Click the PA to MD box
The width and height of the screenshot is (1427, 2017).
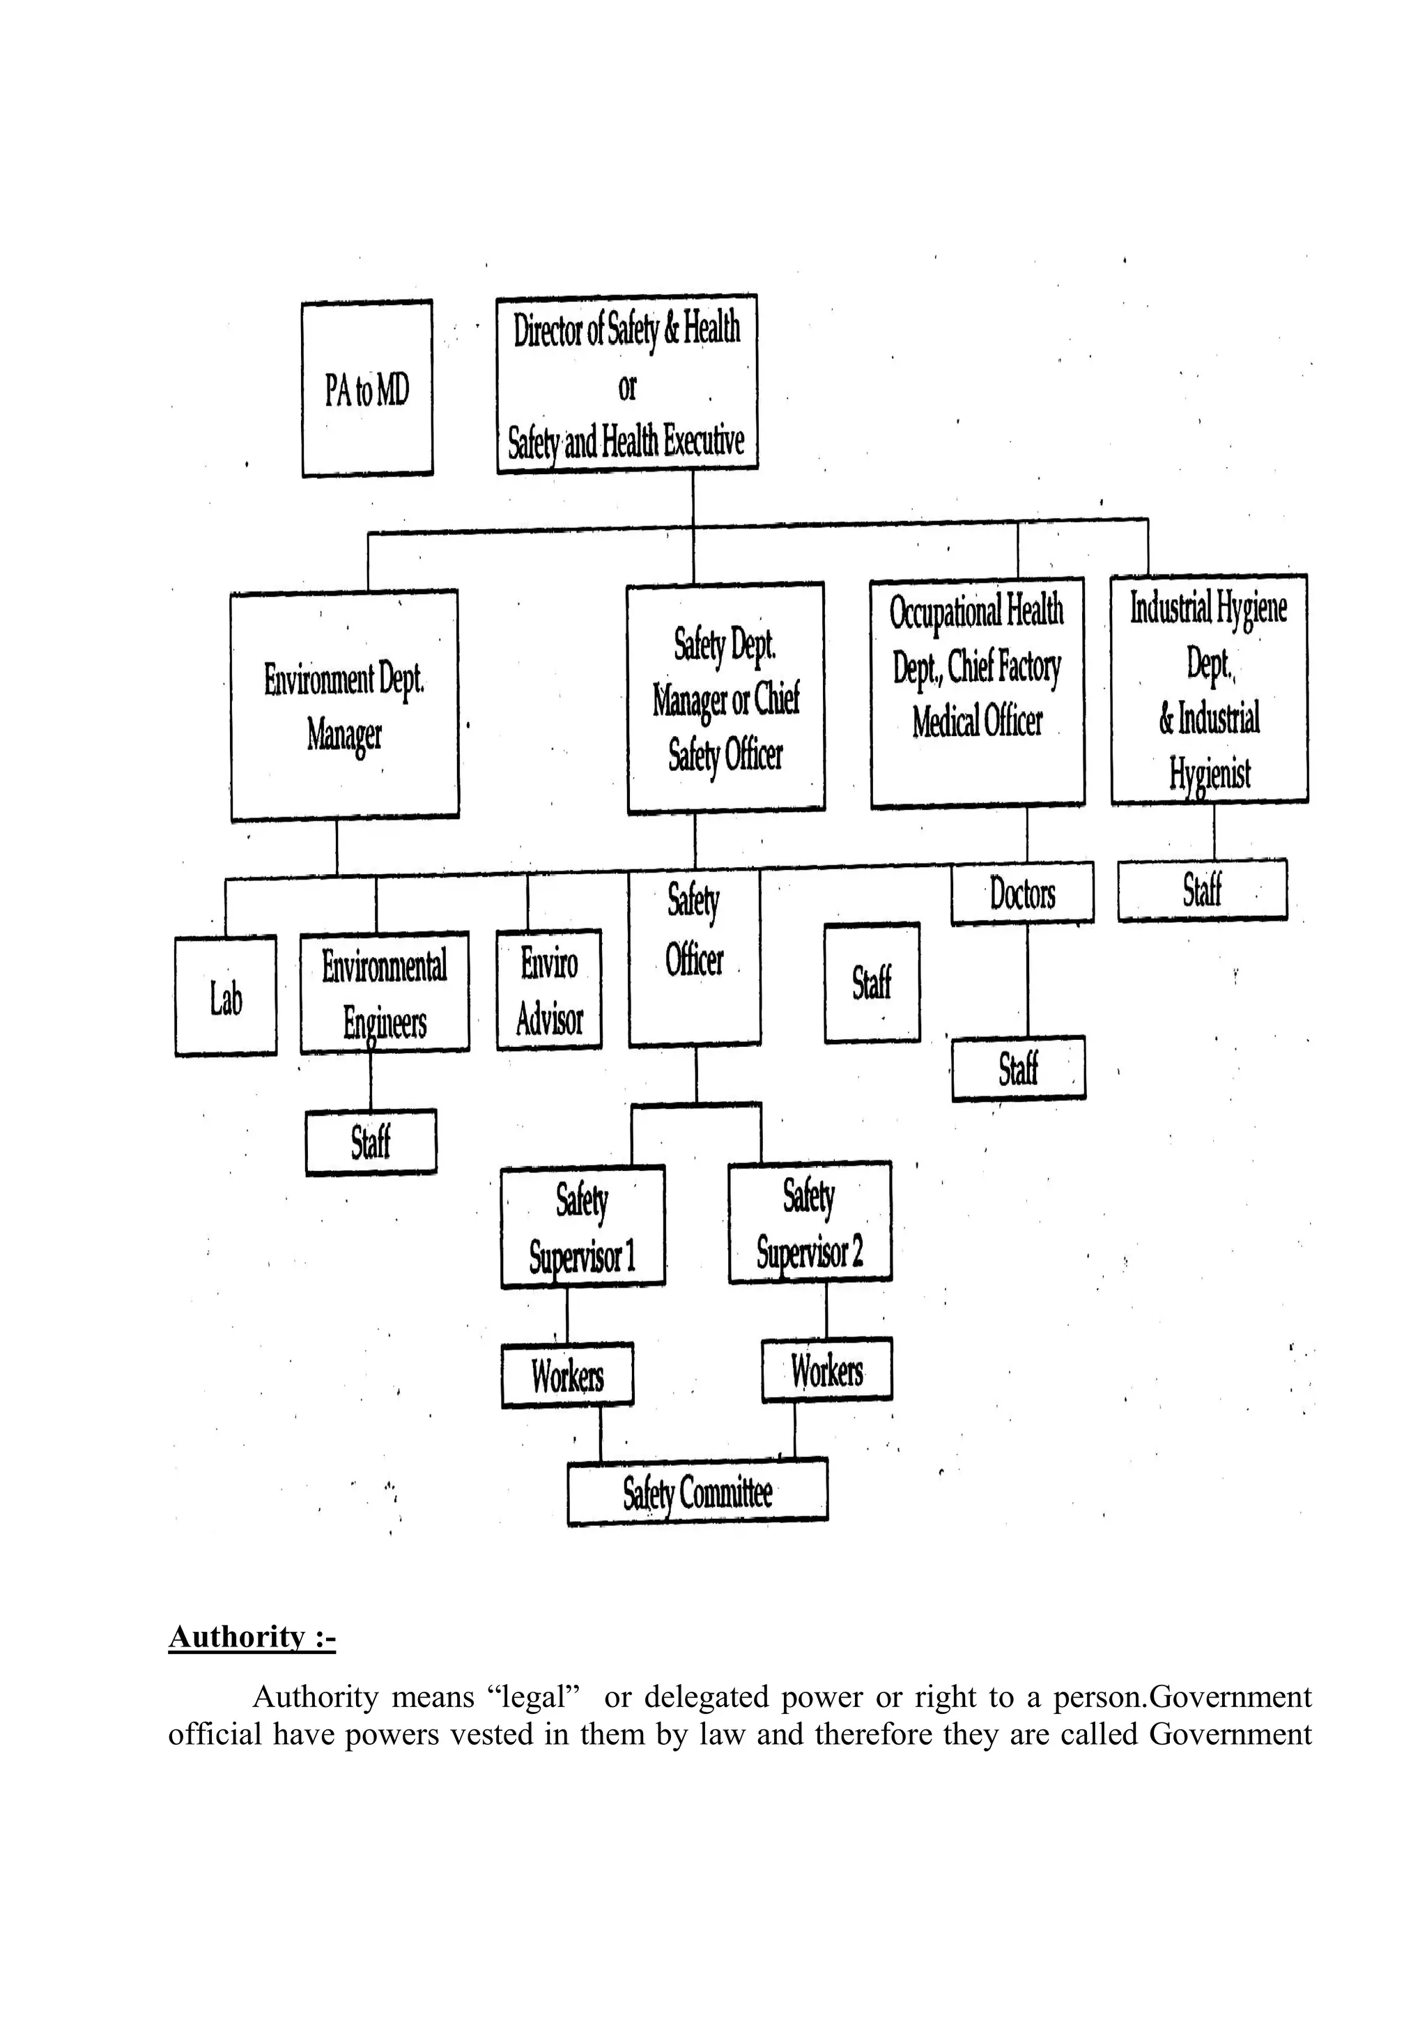[367, 389]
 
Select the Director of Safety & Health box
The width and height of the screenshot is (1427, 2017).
[626, 384]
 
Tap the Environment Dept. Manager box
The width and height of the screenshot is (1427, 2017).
[344, 706]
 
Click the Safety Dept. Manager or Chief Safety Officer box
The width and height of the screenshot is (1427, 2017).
[726, 697]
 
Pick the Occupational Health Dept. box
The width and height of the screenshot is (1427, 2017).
[977, 692]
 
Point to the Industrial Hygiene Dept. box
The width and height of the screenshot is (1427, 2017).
[1209, 689]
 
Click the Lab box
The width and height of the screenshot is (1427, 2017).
[226, 995]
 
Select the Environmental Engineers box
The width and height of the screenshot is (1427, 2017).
[385, 992]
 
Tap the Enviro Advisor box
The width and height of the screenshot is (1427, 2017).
[549, 990]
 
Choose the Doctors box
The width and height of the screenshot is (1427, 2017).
[1023, 894]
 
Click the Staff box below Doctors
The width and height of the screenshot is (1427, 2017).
[1019, 1068]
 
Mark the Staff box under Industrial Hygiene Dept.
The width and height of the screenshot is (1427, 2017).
[1202, 890]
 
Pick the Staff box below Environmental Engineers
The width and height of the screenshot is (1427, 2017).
[371, 1143]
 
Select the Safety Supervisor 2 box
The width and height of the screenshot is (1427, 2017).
[810, 1223]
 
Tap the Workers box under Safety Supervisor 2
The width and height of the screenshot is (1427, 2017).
[827, 1369]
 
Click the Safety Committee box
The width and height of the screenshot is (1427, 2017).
[697, 1493]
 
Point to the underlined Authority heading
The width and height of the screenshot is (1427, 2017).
[252, 1637]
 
